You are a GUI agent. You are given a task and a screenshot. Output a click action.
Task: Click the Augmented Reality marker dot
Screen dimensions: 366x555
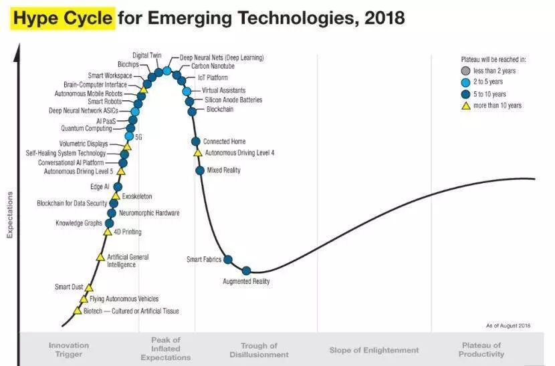point(246,270)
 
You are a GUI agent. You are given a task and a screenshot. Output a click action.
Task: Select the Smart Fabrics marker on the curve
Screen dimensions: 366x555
point(227,259)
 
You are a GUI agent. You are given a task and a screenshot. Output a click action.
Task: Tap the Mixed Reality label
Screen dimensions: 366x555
point(223,170)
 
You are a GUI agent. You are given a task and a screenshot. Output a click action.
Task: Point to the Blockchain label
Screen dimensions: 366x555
point(219,110)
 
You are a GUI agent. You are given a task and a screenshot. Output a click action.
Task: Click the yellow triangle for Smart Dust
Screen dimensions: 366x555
point(89,287)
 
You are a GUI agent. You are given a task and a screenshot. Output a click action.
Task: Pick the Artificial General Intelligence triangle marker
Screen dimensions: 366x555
point(100,256)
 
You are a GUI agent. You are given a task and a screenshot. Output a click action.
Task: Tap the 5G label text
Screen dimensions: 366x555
point(138,136)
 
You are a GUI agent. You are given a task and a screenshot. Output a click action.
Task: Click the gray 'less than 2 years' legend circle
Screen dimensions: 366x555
point(465,71)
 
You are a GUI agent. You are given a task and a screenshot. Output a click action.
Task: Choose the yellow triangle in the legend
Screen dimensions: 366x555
point(465,106)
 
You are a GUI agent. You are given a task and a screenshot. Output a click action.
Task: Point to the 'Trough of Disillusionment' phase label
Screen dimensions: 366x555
point(259,350)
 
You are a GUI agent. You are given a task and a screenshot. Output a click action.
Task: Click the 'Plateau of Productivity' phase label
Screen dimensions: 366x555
point(481,349)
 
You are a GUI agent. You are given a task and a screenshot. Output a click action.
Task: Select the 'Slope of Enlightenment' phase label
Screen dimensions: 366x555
point(374,350)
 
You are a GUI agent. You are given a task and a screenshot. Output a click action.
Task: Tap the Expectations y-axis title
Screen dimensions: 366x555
point(9,215)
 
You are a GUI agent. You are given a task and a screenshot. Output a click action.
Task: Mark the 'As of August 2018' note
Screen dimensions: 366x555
point(508,325)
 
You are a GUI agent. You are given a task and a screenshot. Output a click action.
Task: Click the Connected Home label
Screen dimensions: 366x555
point(224,142)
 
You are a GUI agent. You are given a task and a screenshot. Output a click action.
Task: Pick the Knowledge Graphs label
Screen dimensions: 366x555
point(78,223)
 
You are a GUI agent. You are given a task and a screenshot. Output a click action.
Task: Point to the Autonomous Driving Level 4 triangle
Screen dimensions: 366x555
point(197,153)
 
